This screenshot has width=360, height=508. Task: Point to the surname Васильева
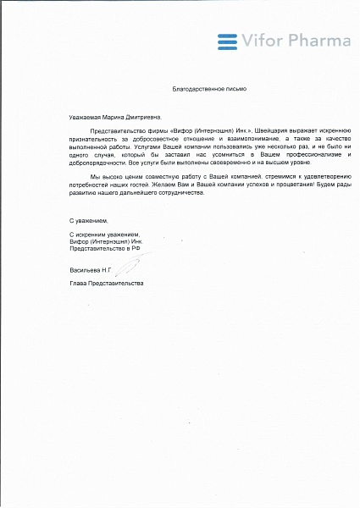pos(86,269)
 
